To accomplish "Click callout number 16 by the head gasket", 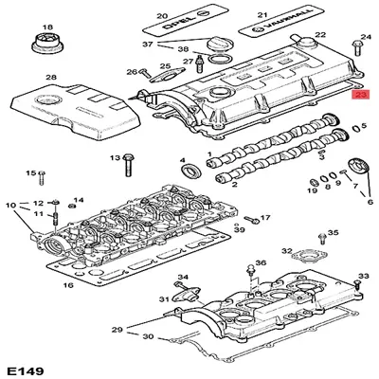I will pyautogui.click(x=67, y=284).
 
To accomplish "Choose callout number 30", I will pyautogui.click(x=147, y=336).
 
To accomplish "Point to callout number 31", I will pyautogui.click(x=163, y=298).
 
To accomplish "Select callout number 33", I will pyautogui.click(x=362, y=276).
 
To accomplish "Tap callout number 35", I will pyautogui.click(x=332, y=232).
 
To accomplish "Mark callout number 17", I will pyautogui.click(x=265, y=218).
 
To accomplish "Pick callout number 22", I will pyautogui.click(x=320, y=35).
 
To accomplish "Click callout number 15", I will pyautogui.click(x=29, y=173).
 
